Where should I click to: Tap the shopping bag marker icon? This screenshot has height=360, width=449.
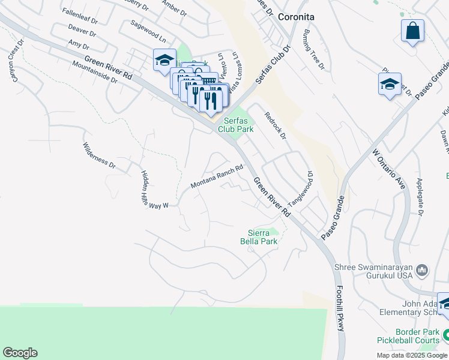click(x=413, y=31)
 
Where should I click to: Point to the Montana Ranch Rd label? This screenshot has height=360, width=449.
click(x=217, y=178)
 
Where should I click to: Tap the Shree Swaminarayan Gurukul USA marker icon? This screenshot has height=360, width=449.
click(x=422, y=271)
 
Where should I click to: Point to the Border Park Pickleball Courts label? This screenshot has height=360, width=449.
click(x=417, y=336)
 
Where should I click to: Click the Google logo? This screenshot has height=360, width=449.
click(x=20, y=353)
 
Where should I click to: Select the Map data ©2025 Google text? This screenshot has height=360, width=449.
click(x=411, y=355)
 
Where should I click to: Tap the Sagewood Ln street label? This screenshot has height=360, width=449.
click(x=148, y=30)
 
